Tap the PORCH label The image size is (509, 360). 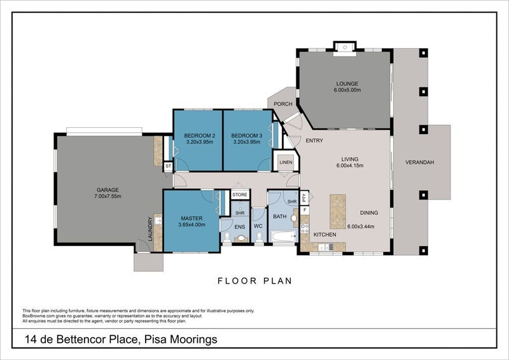point(282,104)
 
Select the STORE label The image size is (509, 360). point(240,195)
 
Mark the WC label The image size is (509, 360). point(258,226)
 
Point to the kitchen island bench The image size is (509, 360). point(337,209)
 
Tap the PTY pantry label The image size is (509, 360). point(305,197)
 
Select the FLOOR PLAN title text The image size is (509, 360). point(254,280)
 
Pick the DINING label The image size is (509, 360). point(370,213)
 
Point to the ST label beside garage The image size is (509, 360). point(168,166)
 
